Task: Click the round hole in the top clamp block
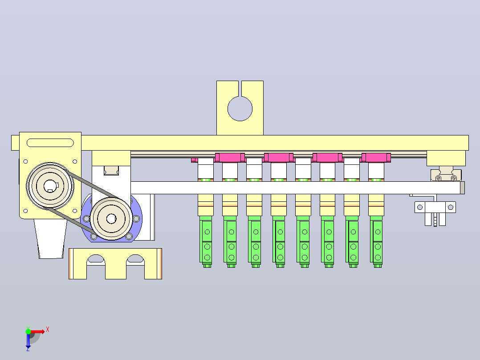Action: point(240,108)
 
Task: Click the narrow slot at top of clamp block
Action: point(240,89)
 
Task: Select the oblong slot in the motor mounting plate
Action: point(50,143)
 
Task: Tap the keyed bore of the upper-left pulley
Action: point(50,186)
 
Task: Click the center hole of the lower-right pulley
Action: point(111,218)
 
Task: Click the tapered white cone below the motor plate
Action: point(50,239)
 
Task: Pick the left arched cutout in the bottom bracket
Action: point(96,259)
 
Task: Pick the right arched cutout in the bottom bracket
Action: point(135,259)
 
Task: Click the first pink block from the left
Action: point(230,157)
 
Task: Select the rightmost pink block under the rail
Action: point(376,157)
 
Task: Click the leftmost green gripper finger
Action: point(206,241)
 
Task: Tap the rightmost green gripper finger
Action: point(377,241)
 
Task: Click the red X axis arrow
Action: point(38,331)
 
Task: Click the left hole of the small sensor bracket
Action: point(420,208)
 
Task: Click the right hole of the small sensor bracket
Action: point(451,208)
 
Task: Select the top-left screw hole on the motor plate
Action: point(26,161)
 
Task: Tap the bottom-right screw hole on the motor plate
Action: point(75,211)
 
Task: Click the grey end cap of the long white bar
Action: point(462,188)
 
